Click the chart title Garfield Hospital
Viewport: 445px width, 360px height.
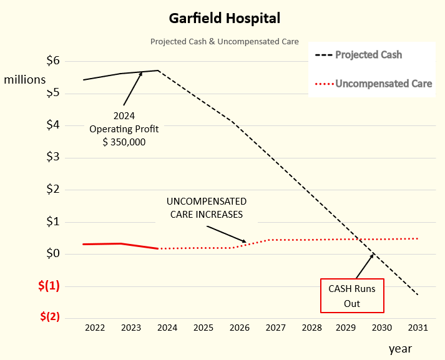(225, 18)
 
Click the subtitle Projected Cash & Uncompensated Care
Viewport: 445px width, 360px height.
(225, 42)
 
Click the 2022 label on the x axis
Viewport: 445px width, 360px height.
(95, 328)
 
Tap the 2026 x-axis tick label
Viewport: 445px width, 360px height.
(239, 328)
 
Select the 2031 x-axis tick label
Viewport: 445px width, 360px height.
(418, 328)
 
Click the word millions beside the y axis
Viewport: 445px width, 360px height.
(25, 79)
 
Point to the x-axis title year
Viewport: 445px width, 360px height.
(400, 348)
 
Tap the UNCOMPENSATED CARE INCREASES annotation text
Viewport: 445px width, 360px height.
(207, 208)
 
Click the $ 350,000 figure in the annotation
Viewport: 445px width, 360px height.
(124, 142)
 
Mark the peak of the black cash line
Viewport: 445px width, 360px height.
(159, 71)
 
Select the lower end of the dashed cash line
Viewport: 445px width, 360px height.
(417, 294)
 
